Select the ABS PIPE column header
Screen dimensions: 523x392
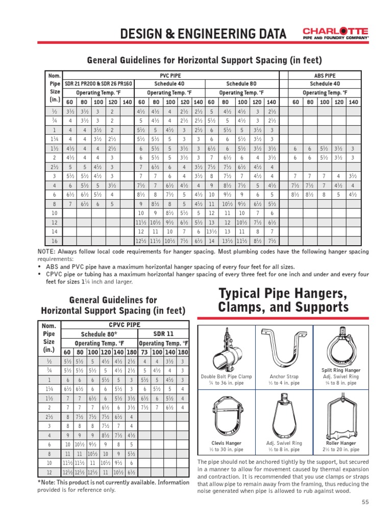click(x=324, y=75)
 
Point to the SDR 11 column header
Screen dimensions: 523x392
click(x=163, y=334)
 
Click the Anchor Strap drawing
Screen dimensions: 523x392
click(x=284, y=349)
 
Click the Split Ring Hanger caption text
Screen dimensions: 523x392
click(x=341, y=370)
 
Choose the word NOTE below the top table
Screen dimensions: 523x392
click(x=47, y=252)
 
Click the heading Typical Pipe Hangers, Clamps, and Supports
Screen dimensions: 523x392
click(x=283, y=300)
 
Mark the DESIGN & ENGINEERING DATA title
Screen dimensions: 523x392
click(x=203, y=34)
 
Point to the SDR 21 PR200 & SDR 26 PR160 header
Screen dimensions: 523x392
click(x=98, y=84)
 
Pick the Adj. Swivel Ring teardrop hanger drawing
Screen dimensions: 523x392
click(x=284, y=416)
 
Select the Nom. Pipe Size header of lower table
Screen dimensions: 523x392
click(x=50, y=338)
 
